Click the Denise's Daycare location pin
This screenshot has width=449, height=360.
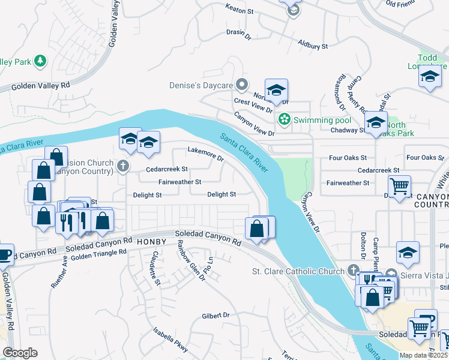coord(242,85)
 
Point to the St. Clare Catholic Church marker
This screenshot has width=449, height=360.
coord(352,271)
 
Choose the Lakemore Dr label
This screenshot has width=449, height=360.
coord(205,154)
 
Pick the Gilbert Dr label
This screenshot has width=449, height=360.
coord(216,315)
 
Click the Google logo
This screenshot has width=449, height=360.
coord(20,352)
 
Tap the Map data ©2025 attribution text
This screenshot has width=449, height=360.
coord(423,355)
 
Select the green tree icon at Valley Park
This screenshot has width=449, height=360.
coord(40,61)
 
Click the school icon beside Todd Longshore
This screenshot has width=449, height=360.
coord(430,77)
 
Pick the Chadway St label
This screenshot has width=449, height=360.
coord(348,130)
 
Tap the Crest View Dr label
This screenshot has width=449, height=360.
coord(253,106)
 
